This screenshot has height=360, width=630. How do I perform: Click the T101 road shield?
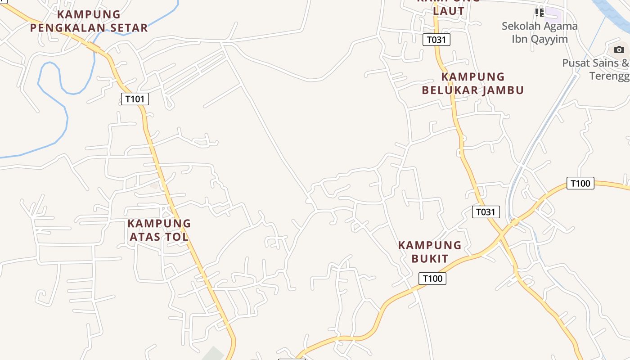[x=135, y=99]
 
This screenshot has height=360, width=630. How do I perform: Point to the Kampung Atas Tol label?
[x=159, y=229]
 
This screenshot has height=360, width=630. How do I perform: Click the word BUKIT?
[x=430, y=258]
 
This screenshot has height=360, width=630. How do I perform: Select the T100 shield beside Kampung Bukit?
[x=432, y=279]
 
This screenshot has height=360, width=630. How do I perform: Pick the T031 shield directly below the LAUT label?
[x=436, y=40]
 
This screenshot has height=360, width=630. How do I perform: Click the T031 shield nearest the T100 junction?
[x=486, y=211]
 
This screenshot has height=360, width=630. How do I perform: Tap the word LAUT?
[x=449, y=11]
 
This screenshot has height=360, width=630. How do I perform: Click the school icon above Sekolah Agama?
[x=539, y=12]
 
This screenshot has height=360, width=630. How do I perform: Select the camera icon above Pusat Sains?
[x=619, y=49]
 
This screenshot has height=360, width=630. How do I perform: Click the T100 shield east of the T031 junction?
[x=580, y=183]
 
